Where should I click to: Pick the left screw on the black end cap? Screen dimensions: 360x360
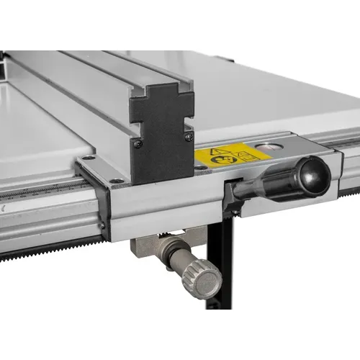click(x=138, y=144)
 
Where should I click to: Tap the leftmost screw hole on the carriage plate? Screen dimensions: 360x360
click(x=86, y=158)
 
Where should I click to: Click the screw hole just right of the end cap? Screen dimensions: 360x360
click(x=199, y=168)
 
